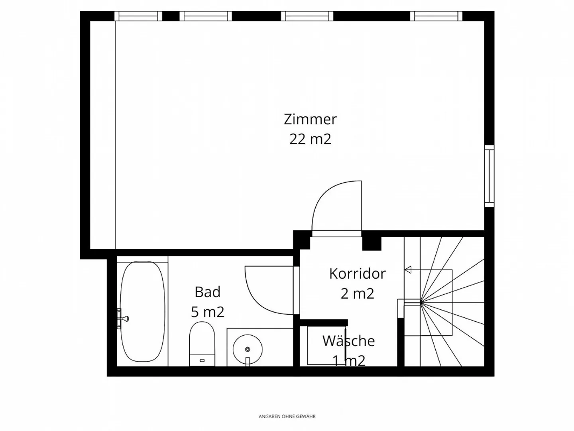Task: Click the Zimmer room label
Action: coord(310,119)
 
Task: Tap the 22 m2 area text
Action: coord(310,139)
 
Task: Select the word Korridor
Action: coord(357,274)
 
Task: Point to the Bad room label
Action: coord(208,292)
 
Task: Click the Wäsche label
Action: coord(348,340)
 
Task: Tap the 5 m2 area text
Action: coord(208,312)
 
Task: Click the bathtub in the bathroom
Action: coord(143,311)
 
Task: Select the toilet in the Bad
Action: coord(202,344)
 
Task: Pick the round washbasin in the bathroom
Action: coord(248,349)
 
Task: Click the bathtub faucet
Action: coord(122,319)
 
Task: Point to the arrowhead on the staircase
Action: coord(408,270)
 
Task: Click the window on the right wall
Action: coord(489,176)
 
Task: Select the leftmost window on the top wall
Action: coord(138,16)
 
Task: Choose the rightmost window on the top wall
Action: coord(436,16)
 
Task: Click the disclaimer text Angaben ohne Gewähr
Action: coord(287,416)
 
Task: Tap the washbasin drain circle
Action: coord(248,349)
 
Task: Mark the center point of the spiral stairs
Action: coord(421,303)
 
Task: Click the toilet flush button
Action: coord(202,360)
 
